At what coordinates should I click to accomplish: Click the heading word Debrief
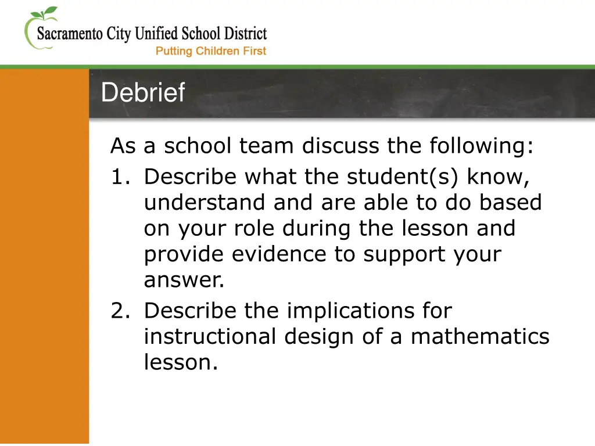coord(143,93)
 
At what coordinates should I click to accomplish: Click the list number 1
coord(120,177)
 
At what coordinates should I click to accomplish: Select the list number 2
coord(120,311)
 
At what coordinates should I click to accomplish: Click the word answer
coord(184,281)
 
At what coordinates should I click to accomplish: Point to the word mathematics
coord(480,336)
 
